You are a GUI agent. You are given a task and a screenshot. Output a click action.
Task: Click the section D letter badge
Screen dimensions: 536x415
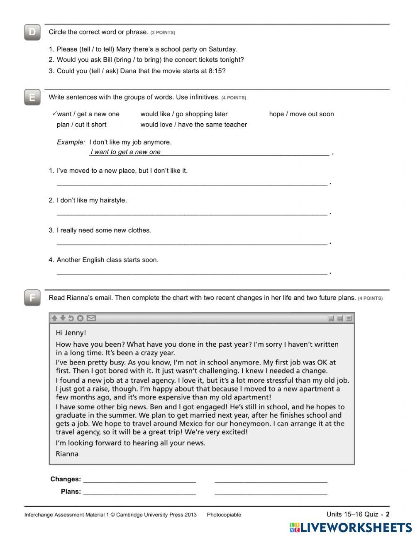(32, 32)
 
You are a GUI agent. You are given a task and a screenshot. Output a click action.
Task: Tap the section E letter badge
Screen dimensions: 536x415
(32, 98)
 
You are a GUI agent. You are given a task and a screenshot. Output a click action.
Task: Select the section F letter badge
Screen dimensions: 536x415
(32, 298)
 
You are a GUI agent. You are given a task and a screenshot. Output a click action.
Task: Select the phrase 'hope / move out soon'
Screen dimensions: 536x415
(301, 114)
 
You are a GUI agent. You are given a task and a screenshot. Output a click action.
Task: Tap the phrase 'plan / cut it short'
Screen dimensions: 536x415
(81, 125)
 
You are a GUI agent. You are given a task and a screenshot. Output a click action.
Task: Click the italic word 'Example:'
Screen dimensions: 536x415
(71, 142)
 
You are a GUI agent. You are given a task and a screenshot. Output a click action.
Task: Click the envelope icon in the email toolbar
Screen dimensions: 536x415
(91, 318)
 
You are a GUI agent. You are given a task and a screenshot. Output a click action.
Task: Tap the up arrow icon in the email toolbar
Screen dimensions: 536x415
(54, 318)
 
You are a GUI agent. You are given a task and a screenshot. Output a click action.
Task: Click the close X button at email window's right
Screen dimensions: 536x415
(349, 318)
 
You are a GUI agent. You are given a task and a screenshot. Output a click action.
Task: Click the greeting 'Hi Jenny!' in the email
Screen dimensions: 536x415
(71, 333)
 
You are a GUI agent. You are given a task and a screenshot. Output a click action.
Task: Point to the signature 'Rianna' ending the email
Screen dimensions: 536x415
(67, 454)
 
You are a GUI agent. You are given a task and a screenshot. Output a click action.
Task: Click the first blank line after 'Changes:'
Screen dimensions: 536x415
(139, 482)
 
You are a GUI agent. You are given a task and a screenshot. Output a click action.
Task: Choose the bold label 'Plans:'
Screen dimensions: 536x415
(71, 492)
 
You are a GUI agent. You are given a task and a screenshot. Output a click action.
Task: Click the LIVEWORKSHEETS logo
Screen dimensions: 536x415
(351, 528)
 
